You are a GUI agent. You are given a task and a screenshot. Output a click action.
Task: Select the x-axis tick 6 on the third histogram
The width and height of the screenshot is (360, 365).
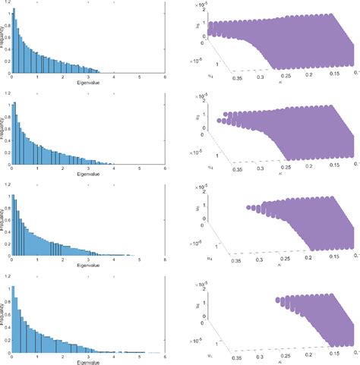coord(165,261)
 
